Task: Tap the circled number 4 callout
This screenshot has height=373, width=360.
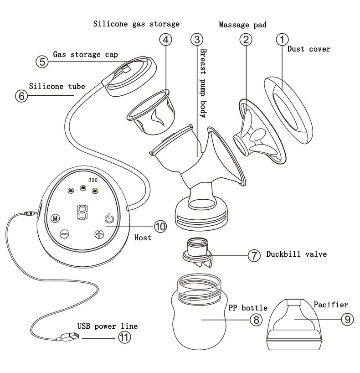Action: pos(166,39)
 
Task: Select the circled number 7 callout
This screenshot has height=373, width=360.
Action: pos(253,254)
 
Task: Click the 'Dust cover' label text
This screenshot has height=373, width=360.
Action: pos(309,49)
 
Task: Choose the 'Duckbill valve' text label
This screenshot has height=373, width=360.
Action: pos(296,254)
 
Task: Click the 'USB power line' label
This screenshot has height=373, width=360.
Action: pos(107,326)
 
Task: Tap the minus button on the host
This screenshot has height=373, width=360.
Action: pos(64,234)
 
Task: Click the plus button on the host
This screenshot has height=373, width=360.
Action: pos(99,235)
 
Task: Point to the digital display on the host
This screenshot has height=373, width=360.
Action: pos(82,212)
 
